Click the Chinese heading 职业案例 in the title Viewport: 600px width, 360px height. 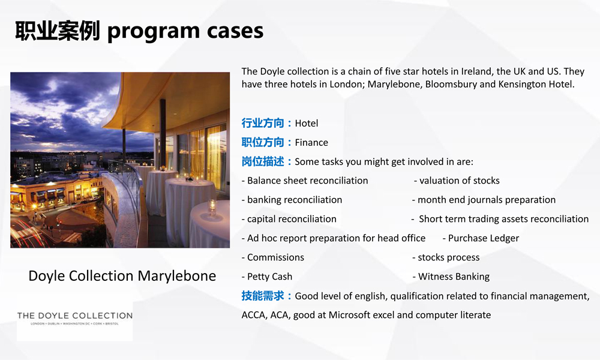pyautogui.click(x=58, y=31)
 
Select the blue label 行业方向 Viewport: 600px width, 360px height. pyautogui.click(x=263, y=123)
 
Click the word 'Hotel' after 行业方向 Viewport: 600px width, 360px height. pyautogui.click(x=307, y=123)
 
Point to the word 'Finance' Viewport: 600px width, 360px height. pyautogui.click(x=311, y=142)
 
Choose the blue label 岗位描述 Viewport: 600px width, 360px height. pyautogui.click(x=263, y=161)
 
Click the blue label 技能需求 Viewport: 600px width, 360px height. pyautogui.click(x=263, y=296)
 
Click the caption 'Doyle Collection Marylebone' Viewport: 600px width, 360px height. pyautogui.click(x=122, y=276)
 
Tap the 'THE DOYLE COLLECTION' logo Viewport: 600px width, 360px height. pyautogui.click(x=74, y=318)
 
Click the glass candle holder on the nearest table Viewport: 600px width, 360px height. pyautogui.click(x=212, y=208)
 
